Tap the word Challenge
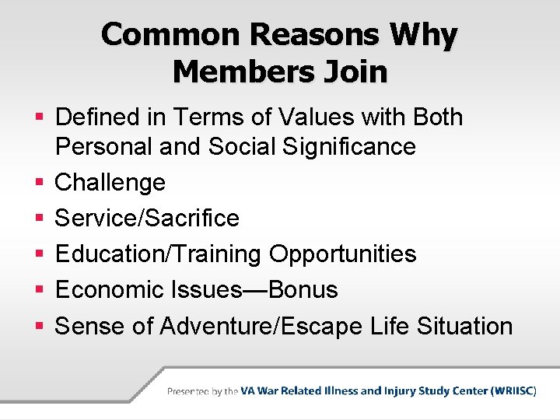click(110, 183)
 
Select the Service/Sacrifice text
click(147, 219)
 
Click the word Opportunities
click(342, 254)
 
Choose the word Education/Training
click(159, 254)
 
